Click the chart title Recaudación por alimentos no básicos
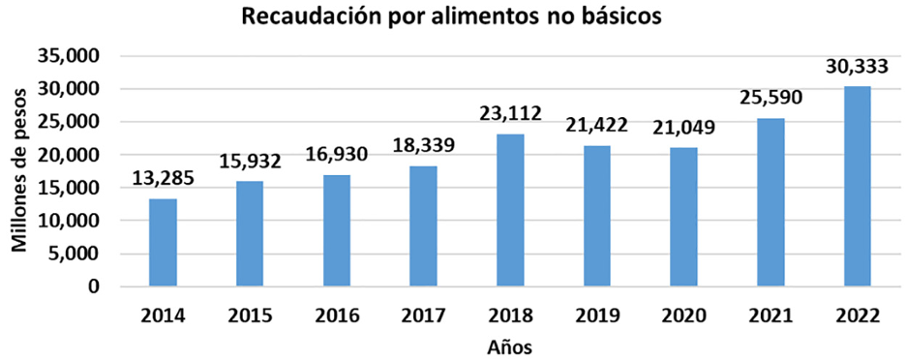453,18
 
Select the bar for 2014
163,242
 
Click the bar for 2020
684,217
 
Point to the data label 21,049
684,128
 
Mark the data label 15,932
250,162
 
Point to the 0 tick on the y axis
94,286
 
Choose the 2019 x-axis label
597,315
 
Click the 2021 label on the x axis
771,315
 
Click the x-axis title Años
510,345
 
